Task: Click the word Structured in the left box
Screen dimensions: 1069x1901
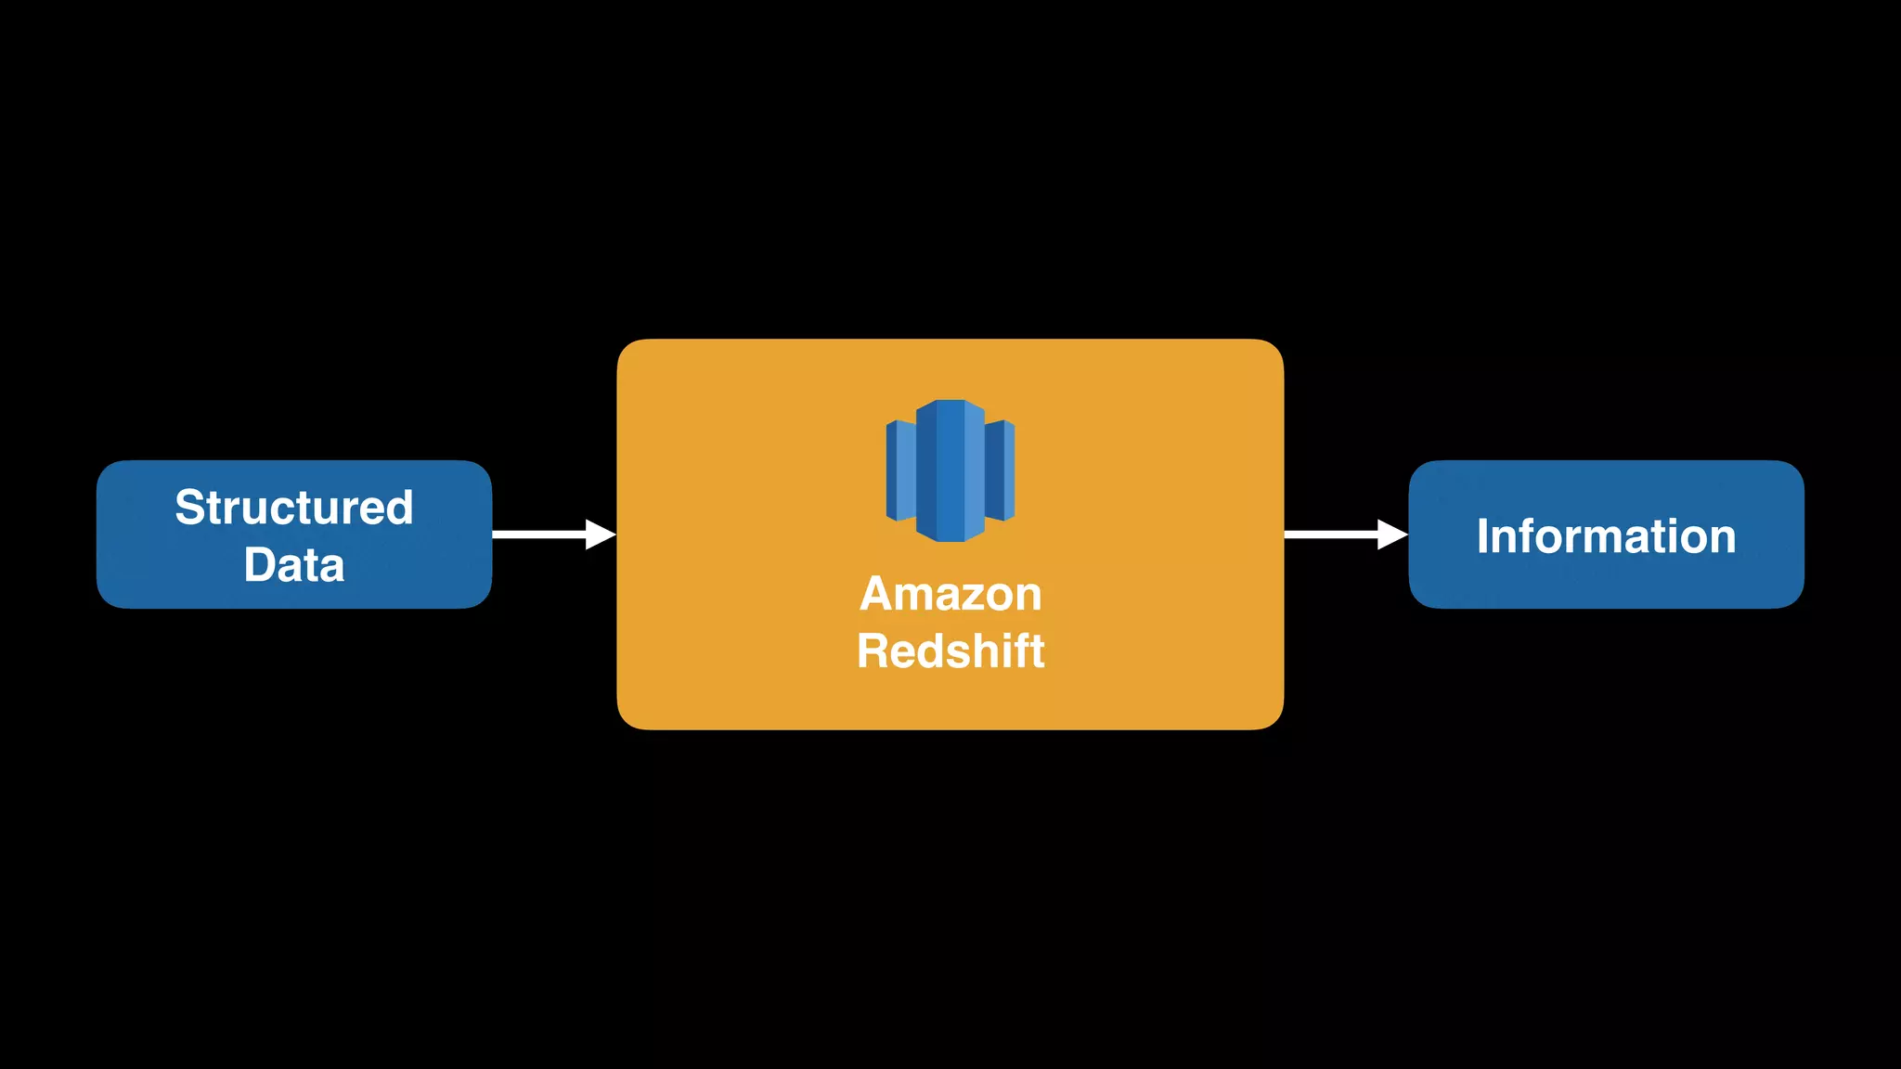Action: pyautogui.click(x=293, y=509)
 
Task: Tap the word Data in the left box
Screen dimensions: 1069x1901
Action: pyautogui.click(x=293, y=565)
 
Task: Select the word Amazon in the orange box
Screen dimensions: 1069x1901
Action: pyautogui.click(x=950, y=594)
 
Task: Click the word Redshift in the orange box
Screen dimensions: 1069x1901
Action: pyautogui.click(x=950, y=650)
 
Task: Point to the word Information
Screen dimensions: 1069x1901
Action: pyautogui.click(x=1606, y=536)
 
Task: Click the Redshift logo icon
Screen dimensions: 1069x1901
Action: pyautogui.click(x=950, y=470)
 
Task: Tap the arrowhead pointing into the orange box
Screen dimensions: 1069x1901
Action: pyautogui.click(x=601, y=534)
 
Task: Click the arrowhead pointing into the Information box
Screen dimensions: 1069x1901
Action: pyautogui.click(x=1392, y=534)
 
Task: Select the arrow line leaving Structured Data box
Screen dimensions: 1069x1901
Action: pyautogui.click(x=538, y=534)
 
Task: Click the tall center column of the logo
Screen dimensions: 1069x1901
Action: pyautogui.click(x=950, y=470)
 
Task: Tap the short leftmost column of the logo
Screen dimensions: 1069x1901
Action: pyautogui.click(x=900, y=470)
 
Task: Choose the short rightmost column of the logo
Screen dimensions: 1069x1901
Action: pyautogui.click(x=1000, y=470)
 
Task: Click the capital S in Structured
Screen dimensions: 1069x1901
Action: pyautogui.click(x=190, y=509)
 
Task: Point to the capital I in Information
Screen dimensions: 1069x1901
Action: pyautogui.click(x=1483, y=536)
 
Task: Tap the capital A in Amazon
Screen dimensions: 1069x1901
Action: pyautogui.click(x=876, y=594)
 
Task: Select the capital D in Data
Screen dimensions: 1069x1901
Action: pyautogui.click(x=260, y=565)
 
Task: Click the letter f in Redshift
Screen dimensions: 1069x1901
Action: pyautogui.click(x=1019, y=650)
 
